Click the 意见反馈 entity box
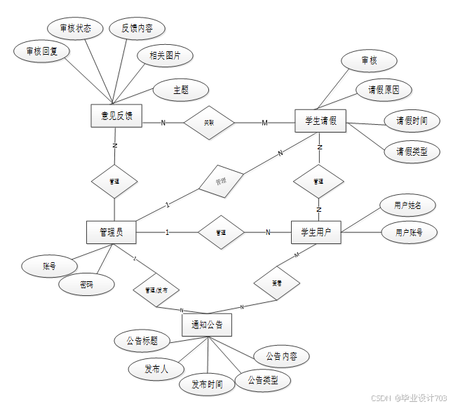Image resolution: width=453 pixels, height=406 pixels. [116, 116]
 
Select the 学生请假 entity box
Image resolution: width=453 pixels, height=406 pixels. [320, 121]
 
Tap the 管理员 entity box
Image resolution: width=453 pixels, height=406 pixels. [111, 232]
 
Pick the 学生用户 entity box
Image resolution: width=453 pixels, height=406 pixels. [316, 232]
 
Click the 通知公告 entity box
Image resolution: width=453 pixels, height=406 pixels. [206, 325]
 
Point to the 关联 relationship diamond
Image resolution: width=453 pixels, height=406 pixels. [209, 123]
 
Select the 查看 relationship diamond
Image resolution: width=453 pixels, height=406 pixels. [277, 283]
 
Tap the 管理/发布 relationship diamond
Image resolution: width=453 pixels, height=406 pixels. [156, 290]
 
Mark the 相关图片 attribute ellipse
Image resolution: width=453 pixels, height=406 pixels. [165, 55]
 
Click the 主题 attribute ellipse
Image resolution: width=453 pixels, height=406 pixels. [181, 90]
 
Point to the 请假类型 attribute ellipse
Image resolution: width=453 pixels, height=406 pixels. [412, 151]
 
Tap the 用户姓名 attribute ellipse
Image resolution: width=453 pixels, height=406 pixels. [408, 205]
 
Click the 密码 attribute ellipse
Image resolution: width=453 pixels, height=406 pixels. [86, 285]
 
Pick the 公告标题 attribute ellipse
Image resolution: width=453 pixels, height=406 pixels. [142, 341]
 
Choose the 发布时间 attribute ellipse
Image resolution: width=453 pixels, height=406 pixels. [207, 384]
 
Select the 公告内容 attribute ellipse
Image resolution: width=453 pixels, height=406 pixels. [281, 356]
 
